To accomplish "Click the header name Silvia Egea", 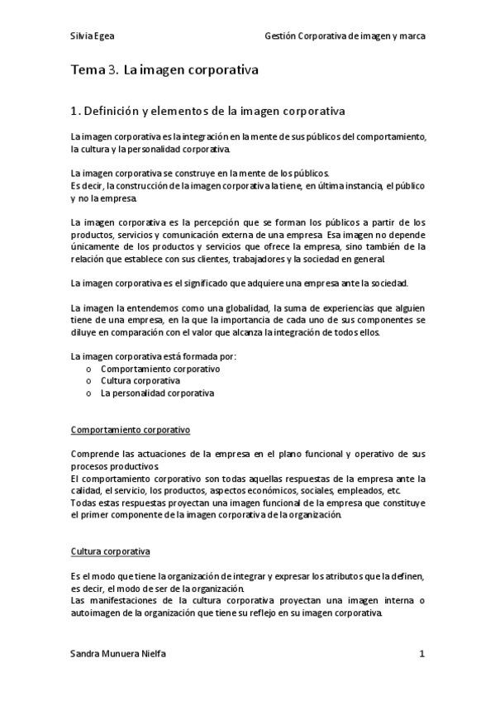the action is click(93, 36).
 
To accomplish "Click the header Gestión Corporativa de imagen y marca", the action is click(345, 36).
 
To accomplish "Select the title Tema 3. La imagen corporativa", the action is click(164, 71).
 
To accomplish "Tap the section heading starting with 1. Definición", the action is click(208, 110).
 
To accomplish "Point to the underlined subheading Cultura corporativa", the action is click(110, 551).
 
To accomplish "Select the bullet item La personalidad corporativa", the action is click(157, 393).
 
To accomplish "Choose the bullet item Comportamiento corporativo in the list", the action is click(160, 369).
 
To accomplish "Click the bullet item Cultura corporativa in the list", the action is click(140, 381).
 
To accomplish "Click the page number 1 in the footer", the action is click(421, 654).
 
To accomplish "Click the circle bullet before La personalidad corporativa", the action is click(88, 394).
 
